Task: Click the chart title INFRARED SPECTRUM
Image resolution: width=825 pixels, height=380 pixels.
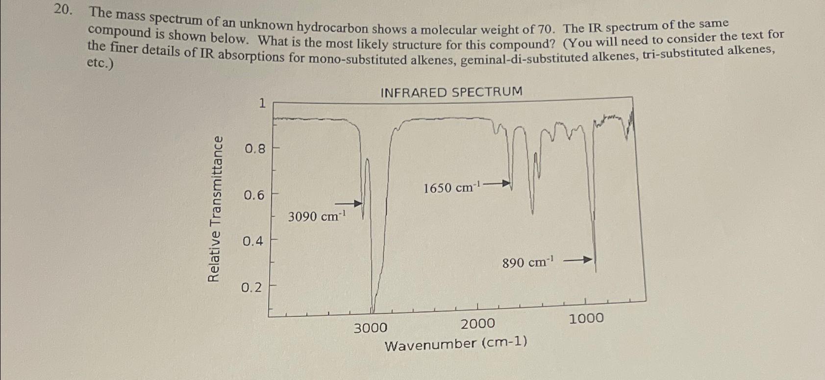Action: [x=451, y=92]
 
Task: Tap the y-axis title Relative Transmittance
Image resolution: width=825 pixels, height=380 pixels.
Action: [x=214, y=209]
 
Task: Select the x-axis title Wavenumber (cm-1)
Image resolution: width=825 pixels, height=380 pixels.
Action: [x=456, y=344]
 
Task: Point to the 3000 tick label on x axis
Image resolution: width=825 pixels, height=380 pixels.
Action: [x=370, y=328]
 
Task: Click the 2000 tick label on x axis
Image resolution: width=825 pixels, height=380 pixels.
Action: [x=478, y=324]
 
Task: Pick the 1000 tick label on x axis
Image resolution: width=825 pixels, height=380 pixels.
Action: [x=586, y=319]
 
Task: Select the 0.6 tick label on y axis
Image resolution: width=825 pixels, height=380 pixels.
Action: [x=254, y=195]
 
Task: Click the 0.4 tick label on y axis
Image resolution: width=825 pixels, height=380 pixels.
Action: [x=253, y=241]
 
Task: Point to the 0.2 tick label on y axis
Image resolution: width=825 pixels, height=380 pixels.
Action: [x=252, y=287]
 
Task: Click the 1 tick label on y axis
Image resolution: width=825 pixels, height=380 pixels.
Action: [x=262, y=103]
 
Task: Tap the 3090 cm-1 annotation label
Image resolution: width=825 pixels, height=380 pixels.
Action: [x=317, y=216]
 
